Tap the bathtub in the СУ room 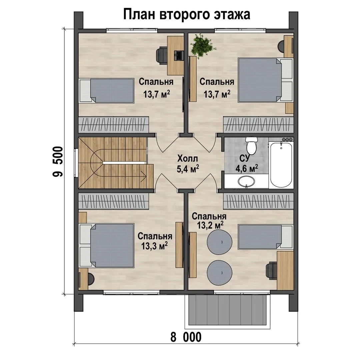point(281,165)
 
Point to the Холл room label point(188,158)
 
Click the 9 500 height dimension point(57,161)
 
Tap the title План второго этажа point(187,14)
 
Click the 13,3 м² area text point(154,246)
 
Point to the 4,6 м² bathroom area point(247,169)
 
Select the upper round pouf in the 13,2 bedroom point(220,242)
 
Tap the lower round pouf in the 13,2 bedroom point(220,273)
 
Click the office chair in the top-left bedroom point(162,55)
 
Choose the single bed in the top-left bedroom point(107,90)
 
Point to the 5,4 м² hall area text point(188,169)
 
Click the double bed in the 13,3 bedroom point(107,246)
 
